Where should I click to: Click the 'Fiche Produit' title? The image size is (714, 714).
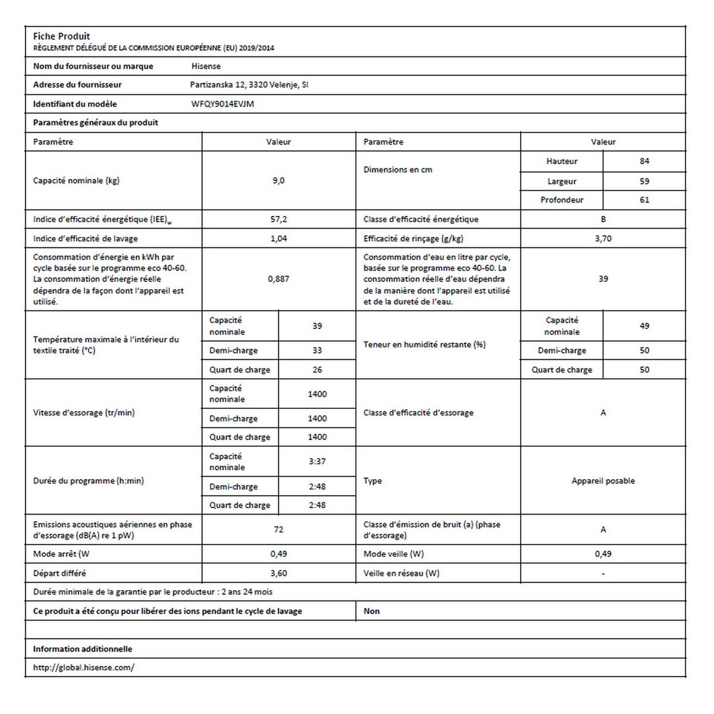(61, 36)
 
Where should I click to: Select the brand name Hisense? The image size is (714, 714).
(206, 66)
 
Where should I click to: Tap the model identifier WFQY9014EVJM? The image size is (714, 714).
(223, 104)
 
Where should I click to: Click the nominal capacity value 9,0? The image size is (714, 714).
(278, 180)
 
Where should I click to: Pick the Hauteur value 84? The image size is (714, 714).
(644, 161)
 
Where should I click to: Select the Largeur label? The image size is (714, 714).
(562, 181)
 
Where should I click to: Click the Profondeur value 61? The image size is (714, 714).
(644, 200)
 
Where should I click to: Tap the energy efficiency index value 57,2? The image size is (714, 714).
(278, 220)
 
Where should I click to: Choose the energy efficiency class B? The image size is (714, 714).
(603, 220)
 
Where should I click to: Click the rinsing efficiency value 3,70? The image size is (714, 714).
(603, 239)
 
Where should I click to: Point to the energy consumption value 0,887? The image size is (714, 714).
(278, 278)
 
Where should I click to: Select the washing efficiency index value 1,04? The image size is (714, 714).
(278, 239)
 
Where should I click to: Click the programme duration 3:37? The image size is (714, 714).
(317, 461)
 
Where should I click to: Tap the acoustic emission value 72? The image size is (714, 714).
(278, 530)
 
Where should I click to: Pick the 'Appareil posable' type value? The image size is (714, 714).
(603, 481)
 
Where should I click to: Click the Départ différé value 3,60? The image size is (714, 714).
(278, 573)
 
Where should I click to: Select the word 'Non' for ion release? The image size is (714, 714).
(372, 611)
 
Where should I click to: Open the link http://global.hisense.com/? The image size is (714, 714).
(83, 668)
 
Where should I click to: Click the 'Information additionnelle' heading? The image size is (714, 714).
(83, 649)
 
